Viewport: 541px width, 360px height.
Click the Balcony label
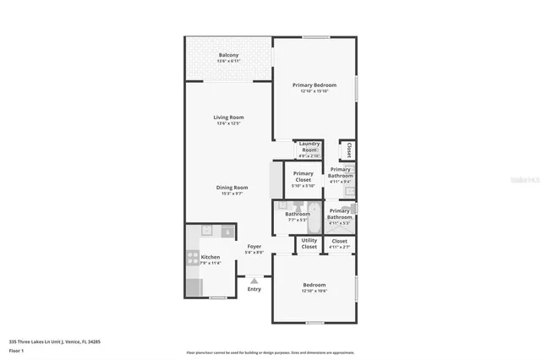pyautogui.click(x=228, y=55)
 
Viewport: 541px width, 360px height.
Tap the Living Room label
pyautogui.click(x=228, y=117)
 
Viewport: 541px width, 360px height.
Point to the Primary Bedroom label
pyautogui.click(x=314, y=85)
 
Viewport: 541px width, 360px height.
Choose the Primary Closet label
pyautogui.click(x=303, y=177)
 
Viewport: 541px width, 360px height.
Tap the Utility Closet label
pyautogui.click(x=309, y=243)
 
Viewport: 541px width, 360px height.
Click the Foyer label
pyautogui.click(x=254, y=247)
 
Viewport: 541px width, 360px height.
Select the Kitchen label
pyautogui.click(x=210, y=257)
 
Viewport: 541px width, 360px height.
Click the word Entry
pyautogui.click(x=254, y=289)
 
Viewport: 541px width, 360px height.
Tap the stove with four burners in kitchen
pyautogui.click(x=193, y=259)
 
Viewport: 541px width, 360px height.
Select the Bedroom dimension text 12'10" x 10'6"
pyautogui.click(x=314, y=292)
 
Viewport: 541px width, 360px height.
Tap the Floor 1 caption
pyautogui.click(x=17, y=349)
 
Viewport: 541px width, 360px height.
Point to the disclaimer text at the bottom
pyautogui.click(x=270, y=352)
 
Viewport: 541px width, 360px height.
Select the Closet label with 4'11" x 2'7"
pyautogui.click(x=339, y=243)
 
